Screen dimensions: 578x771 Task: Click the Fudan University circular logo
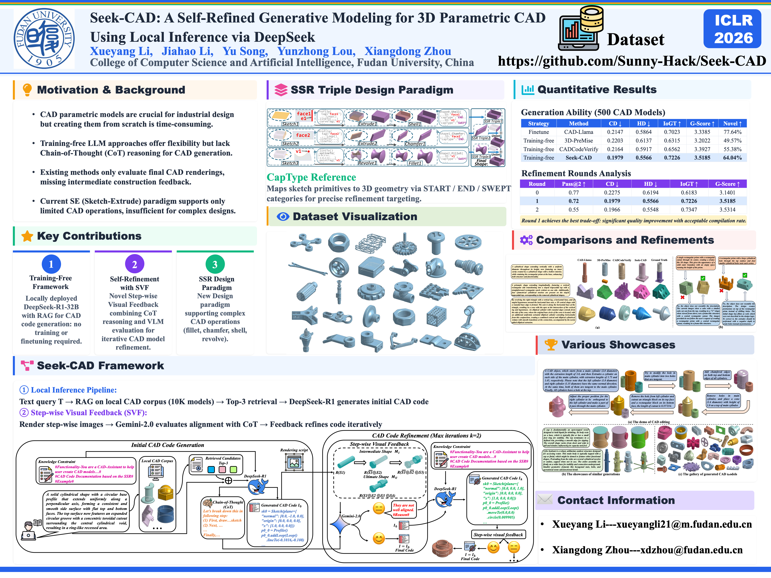click(x=44, y=38)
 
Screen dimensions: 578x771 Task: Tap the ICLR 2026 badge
click(x=733, y=29)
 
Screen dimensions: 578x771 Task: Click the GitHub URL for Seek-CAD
click(x=632, y=61)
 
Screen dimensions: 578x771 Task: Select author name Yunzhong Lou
click(x=316, y=52)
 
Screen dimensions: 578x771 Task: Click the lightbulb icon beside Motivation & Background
click(x=27, y=90)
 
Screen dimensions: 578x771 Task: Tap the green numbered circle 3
click(x=215, y=265)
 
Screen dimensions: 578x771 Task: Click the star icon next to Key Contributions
click(x=27, y=236)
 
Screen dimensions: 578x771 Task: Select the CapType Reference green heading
click(x=311, y=177)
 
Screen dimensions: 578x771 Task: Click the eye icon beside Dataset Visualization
click(x=283, y=217)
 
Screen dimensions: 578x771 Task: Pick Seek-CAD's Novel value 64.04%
click(x=732, y=158)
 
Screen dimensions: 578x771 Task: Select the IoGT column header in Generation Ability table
click(x=672, y=124)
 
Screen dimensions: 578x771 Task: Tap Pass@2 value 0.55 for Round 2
click(x=573, y=210)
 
